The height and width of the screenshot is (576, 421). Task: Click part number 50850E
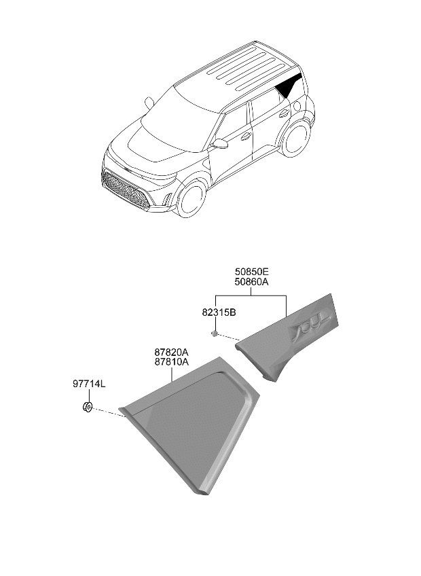(252, 272)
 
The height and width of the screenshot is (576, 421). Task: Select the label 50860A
(252, 282)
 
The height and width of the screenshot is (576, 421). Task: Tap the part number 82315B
(219, 312)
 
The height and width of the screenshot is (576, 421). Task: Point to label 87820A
(172, 353)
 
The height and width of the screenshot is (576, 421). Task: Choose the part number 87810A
(172, 362)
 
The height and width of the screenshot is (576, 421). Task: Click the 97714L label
(89, 384)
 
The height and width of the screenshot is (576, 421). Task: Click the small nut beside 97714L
(88, 407)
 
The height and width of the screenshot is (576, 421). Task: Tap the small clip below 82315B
(214, 334)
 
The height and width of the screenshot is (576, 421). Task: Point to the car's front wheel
(191, 199)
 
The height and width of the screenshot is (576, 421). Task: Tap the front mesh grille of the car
(124, 190)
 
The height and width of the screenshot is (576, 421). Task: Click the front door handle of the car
(246, 137)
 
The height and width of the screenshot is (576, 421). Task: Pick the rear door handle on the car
(284, 113)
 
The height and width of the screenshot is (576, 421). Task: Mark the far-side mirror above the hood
(149, 103)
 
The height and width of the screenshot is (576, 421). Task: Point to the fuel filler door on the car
(297, 106)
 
